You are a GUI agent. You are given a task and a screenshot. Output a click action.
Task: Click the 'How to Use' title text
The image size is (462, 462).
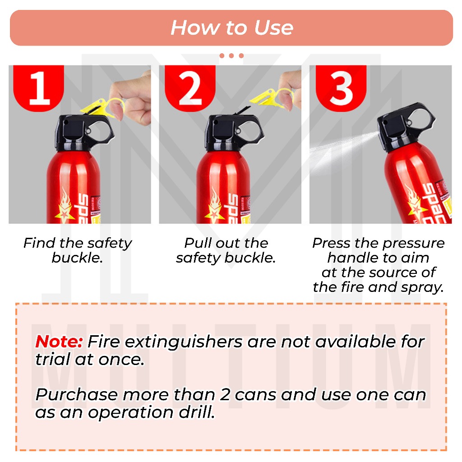pos(232,28)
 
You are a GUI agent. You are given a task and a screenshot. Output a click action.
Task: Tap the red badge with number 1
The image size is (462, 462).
pos(39,88)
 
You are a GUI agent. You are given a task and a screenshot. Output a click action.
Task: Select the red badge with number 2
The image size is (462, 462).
pos(190,88)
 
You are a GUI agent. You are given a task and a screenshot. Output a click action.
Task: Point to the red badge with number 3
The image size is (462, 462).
pos(341,88)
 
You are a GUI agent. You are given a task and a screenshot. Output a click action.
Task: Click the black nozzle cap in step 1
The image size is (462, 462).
pos(83,133)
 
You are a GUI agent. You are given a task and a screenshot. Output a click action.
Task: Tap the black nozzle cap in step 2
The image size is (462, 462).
pos(234,133)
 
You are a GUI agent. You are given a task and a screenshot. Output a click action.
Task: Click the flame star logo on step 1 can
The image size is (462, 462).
pos(65,206)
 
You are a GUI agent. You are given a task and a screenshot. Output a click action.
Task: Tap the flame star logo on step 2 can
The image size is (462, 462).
pos(215,206)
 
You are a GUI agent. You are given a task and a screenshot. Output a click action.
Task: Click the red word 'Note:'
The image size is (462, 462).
pos(59,342)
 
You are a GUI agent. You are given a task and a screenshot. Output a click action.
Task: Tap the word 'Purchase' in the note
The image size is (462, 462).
pos(77,394)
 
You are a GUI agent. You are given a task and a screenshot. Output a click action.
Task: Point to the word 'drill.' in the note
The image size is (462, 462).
pos(197,412)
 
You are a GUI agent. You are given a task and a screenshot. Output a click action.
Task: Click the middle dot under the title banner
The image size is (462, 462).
pos(231,55)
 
